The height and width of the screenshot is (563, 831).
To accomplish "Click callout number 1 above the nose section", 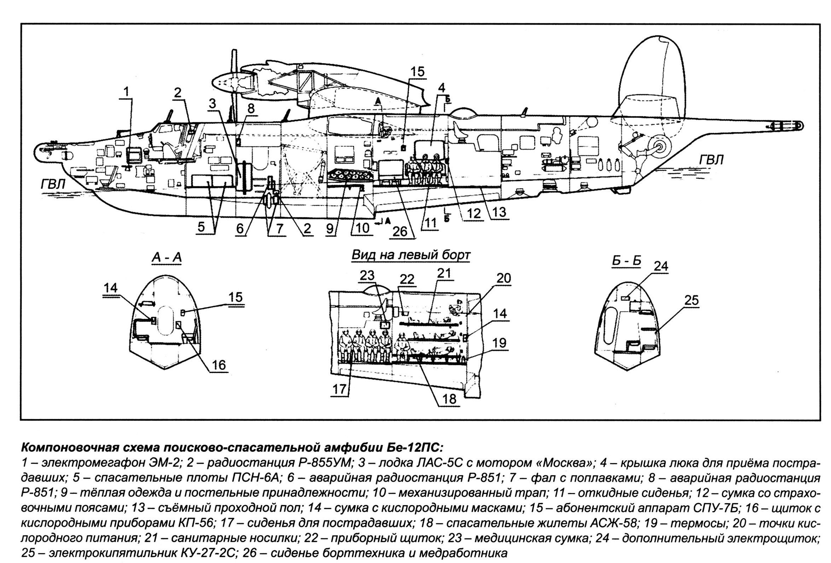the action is [126, 92].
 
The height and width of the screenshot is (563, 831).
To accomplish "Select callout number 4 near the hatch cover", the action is [442, 87].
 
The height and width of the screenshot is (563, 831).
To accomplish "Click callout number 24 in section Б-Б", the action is [661, 266].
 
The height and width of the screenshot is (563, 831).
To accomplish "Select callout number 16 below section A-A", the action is [219, 365].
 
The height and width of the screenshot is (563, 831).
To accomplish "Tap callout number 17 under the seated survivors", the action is [340, 389].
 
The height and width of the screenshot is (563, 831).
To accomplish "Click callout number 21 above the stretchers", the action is [444, 274].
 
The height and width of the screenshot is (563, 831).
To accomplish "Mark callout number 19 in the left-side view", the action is [500, 343].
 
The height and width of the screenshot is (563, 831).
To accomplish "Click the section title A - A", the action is [167, 257].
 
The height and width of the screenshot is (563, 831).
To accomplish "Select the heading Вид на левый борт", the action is [411, 255].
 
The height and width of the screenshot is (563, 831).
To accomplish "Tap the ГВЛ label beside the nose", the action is [53, 185].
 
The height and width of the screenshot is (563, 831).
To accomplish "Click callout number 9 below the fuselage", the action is [329, 228].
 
